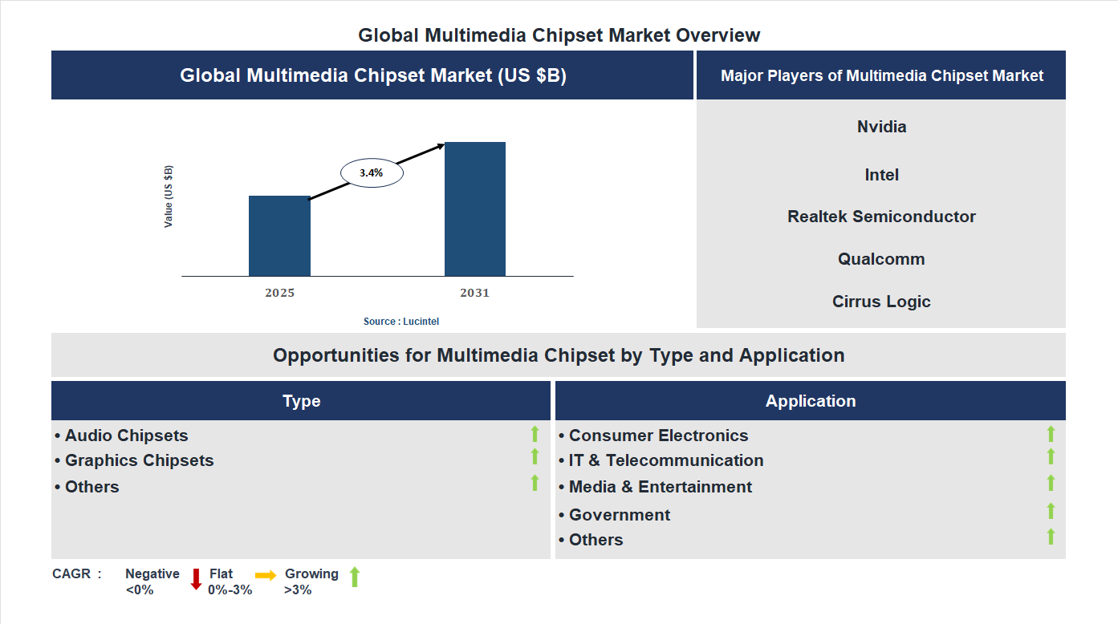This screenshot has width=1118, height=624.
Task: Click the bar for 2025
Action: (x=279, y=236)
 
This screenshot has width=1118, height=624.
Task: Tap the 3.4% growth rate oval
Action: (x=372, y=172)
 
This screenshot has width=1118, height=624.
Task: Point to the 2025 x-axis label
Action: (x=279, y=293)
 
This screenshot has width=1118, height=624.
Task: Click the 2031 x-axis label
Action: (x=474, y=293)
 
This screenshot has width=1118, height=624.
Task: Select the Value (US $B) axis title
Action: (x=169, y=197)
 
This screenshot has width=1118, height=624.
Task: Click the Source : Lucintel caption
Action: (x=401, y=321)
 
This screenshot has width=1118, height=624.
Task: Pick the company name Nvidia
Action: (x=881, y=127)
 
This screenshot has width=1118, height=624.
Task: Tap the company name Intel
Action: (x=881, y=175)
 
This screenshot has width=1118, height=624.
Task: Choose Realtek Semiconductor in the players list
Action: (x=881, y=217)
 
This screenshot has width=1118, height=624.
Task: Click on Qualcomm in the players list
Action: (x=881, y=259)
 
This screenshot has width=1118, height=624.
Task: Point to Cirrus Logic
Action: (x=881, y=302)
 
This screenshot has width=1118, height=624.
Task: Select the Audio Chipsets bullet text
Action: (x=126, y=436)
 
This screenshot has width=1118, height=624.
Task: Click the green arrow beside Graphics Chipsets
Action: (x=535, y=456)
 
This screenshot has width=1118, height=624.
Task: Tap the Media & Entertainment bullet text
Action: (x=660, y=487)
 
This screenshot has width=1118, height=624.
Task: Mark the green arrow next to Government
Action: (x=1051, y=511)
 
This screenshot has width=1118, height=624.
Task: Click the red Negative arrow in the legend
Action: (x=196, y=578)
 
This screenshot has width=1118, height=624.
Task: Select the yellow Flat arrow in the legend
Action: (x=266, y=575)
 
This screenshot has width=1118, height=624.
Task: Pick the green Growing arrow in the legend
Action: (x=355, y=577)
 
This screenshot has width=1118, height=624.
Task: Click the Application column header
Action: (x=811, y=401)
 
